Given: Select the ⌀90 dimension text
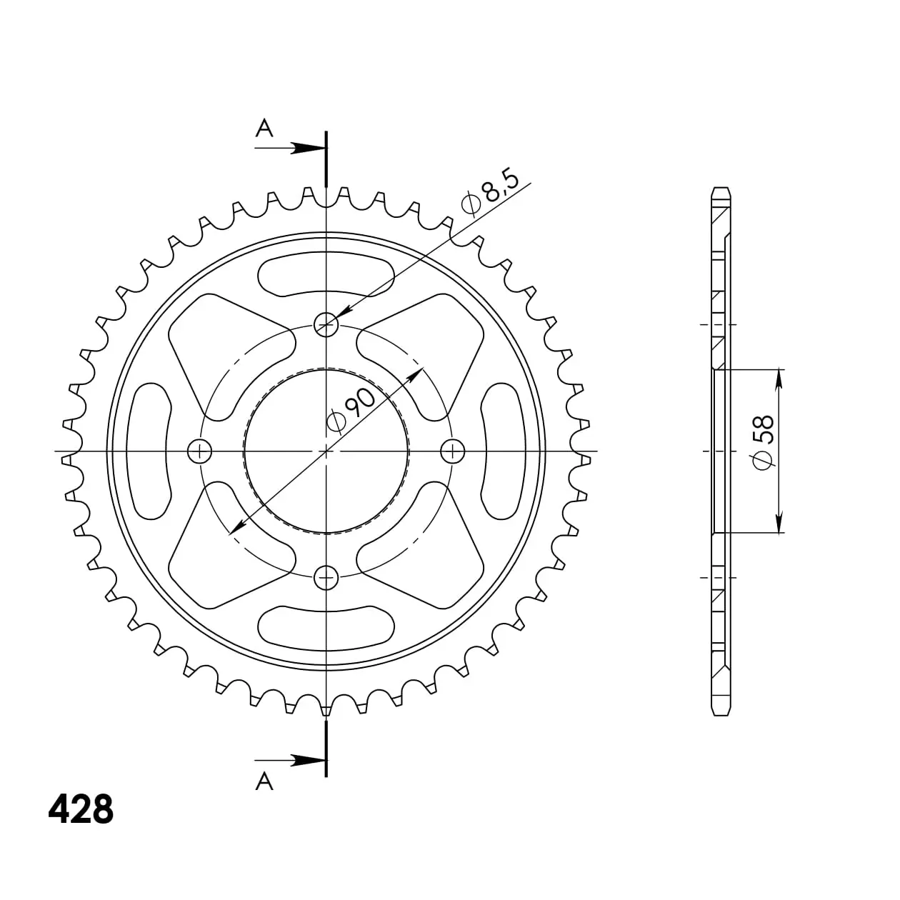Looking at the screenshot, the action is [351, 409].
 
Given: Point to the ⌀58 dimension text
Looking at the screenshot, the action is [763, 442].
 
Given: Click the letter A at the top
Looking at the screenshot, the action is [264, 128].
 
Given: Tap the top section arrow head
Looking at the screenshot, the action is [309, 148].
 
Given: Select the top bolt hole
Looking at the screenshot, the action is [326, 324].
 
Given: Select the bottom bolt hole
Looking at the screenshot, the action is [326, 578].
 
